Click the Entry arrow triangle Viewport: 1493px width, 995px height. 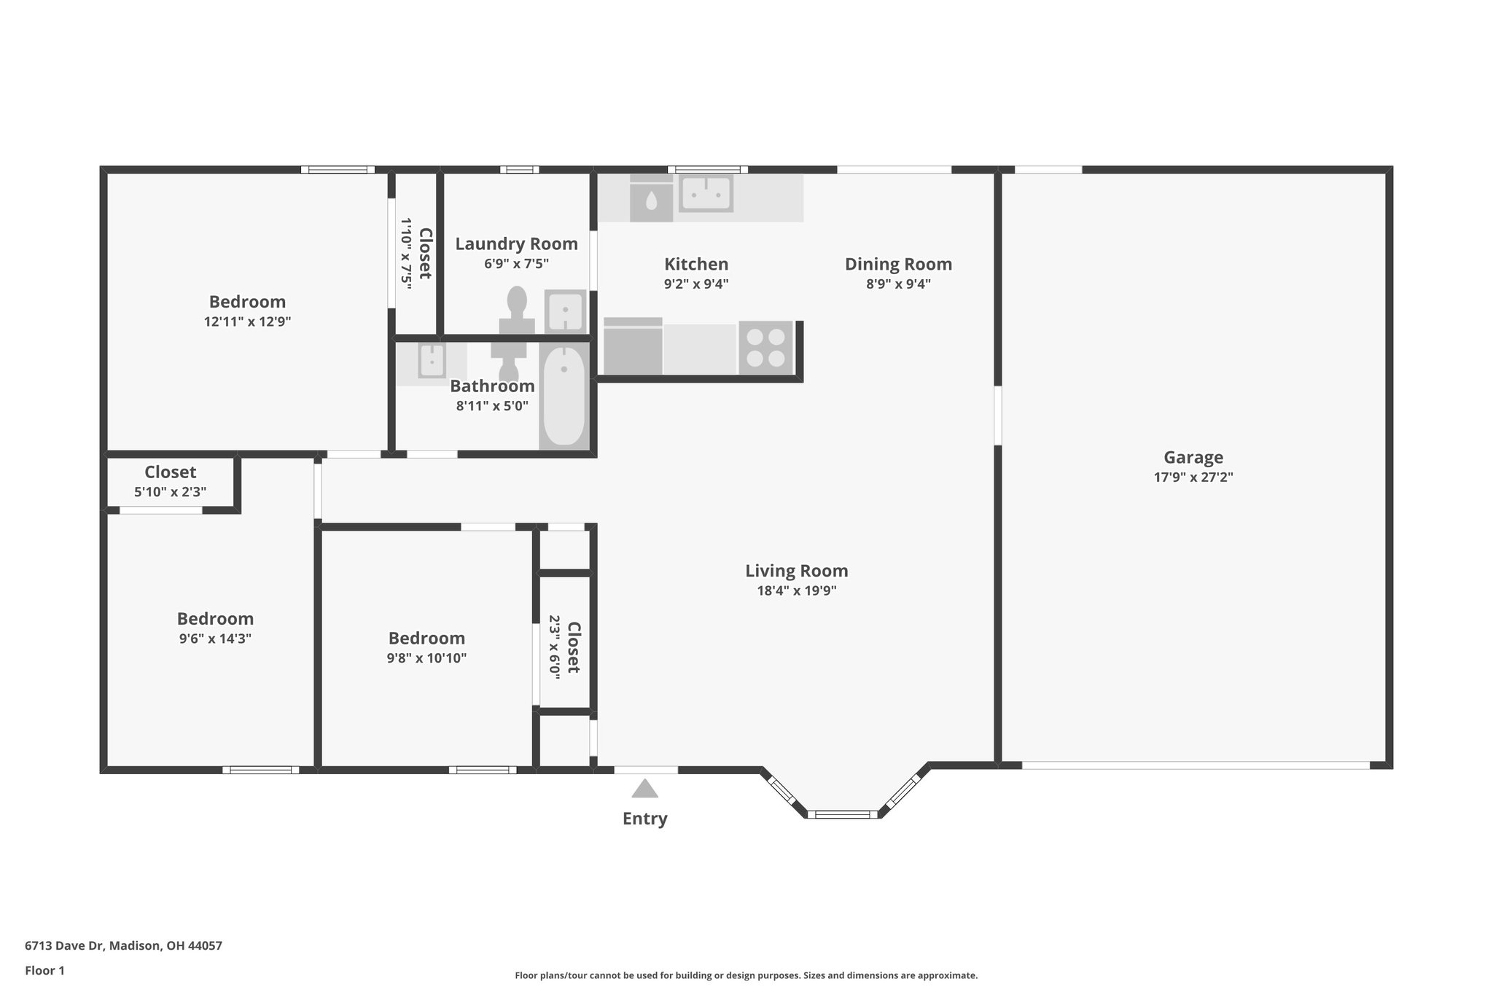point(644,789)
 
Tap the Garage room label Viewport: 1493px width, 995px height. point(1193,457)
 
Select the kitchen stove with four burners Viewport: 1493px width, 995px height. point(765,348)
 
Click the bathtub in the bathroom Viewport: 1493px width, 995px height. point(564,395)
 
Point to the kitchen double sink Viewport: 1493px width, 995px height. point(705,194)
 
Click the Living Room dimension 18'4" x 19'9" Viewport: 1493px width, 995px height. point(796,590)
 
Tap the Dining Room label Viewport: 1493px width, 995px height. point(898,264)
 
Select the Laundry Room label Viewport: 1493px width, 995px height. point(516,243)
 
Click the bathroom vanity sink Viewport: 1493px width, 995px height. point(432,360)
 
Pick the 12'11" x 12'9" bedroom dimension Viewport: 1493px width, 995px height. point(247,321)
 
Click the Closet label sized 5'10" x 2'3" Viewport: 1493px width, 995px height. point(170,472)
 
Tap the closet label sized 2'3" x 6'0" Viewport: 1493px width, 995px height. point(574,647)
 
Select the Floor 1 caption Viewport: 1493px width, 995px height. point(44,970)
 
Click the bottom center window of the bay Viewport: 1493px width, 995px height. point(843,813)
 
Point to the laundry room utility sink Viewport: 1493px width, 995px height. point(565,311)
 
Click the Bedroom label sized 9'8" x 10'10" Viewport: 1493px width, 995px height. point(426,638)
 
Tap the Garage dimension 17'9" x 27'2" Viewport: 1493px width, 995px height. point(1193,477)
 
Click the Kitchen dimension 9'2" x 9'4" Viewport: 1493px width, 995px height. point(695,284)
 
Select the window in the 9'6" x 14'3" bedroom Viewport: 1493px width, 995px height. point(260,769)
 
